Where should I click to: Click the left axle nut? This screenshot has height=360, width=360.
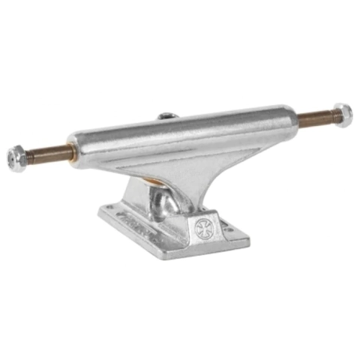16,157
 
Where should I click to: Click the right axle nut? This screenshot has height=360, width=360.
342,115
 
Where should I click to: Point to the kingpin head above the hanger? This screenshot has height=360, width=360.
167,115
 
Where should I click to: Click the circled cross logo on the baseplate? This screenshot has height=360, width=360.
203,228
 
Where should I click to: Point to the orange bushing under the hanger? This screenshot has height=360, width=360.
154,180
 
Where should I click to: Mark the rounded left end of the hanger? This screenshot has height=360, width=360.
74,148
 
